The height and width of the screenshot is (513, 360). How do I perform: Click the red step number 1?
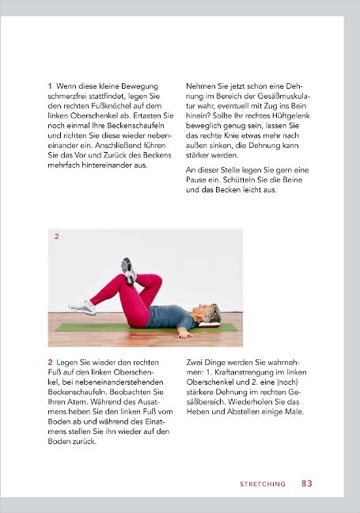50,85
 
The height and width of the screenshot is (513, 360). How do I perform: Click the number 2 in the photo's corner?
56,237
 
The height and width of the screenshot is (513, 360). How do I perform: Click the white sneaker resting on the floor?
81,306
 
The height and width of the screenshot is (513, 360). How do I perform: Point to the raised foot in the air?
129,269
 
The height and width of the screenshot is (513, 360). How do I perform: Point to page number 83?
307,483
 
